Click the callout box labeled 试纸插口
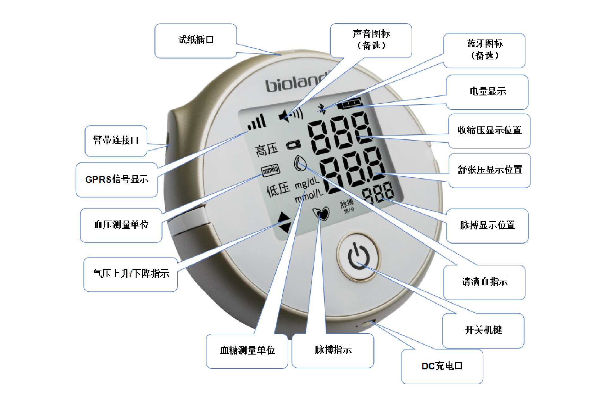click(196, 40)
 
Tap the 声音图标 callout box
click(371, 40)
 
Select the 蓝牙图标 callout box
click(484, 50)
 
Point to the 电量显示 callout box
click(487, 92)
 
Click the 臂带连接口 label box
click(116, 141)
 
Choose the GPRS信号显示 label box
click(117, 179)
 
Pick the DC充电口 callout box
click(442, 366)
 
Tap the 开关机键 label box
click(483, 330)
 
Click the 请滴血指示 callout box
click(484, 282)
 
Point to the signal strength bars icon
click(257, 123)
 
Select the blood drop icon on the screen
click(300, 163)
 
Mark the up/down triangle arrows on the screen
click(284, 222)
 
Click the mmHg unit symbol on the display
click(270, 170)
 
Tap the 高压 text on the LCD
click(267, 149)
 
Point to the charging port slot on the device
click(367, 324)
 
